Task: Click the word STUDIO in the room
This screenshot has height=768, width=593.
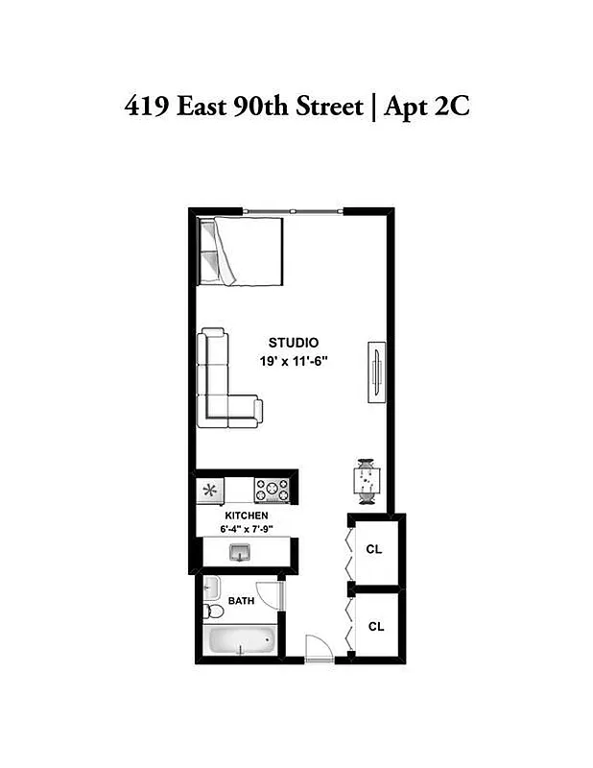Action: coord(293,343)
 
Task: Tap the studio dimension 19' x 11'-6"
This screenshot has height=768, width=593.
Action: coord(293,361)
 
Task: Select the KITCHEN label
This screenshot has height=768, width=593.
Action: coord(246,516)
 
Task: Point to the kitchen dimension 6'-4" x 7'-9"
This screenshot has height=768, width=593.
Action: coord(246,528)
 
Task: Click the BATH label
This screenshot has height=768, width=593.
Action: coord(241,601)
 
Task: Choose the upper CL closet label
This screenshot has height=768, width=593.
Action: coord(375,550)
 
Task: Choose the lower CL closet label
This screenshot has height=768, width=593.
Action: coord(375,626)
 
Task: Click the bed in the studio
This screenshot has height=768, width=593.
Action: coord(241,251)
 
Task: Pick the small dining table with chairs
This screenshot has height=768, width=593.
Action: coord(367,480)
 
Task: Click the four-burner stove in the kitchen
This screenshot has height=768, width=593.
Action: coord(272,490)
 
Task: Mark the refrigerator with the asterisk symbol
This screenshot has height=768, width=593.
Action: coord(210,490)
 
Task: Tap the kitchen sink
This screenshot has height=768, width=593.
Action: coord(240,552)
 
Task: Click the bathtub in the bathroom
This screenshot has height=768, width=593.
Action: coord(240,639)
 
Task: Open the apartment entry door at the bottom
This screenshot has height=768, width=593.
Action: coord(318,649)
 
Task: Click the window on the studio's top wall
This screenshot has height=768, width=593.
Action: coord(292,211)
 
